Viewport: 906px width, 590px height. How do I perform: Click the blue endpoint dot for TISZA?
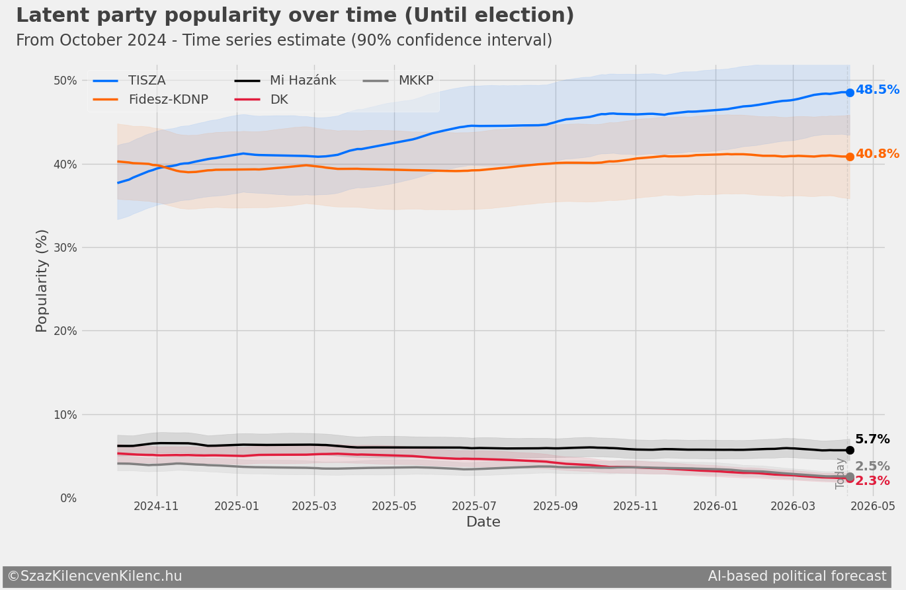click(850, 92)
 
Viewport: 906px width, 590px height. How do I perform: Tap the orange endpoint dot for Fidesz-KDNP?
click(850, 157)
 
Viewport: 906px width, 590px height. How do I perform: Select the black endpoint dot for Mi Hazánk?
click(850, 450)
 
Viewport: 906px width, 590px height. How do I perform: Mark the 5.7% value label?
click(872, 439)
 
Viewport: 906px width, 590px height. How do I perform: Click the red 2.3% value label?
click(872, 481)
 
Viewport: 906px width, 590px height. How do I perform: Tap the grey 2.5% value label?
click(872, 466)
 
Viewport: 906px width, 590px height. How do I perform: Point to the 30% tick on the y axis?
click(65, 248)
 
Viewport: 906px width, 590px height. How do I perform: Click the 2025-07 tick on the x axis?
click(474, 506)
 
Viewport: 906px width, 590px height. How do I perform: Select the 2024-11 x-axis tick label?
click(156, 506)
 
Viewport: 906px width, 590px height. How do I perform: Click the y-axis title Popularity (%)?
click(42, 280)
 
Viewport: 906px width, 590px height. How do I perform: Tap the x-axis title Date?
click(483, 523)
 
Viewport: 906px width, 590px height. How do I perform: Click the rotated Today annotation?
click(841, 473)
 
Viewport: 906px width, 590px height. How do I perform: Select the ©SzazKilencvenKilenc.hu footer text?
click(95, 576)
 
